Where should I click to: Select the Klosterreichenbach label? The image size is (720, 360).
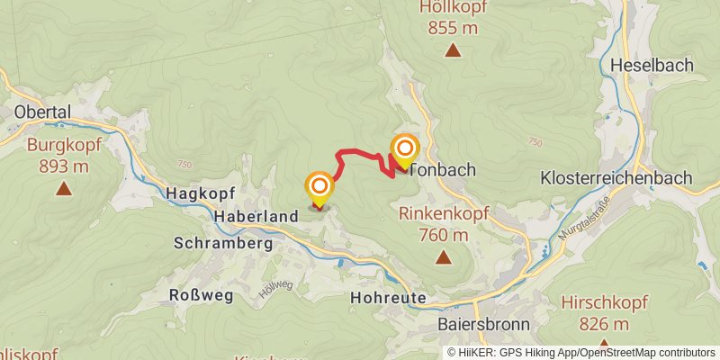pyautogui.click(x=628, y=177)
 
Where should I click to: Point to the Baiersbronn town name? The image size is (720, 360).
pyautogui.click(x=483, y=324)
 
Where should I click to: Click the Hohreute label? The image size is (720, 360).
pyautogui.click(x=386, y=298)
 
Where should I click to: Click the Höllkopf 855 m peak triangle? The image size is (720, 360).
pyautogui.click(x=453, y=51)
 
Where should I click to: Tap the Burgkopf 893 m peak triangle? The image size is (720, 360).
pyautogui.click(x=63, y=189)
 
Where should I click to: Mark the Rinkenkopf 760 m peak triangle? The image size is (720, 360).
pyautogui.click(x=443, y=258)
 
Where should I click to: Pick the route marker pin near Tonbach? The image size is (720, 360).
pyautogui.click(x=405, y=151)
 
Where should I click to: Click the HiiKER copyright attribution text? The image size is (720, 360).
pyautogui.click(x=580, y=353)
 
